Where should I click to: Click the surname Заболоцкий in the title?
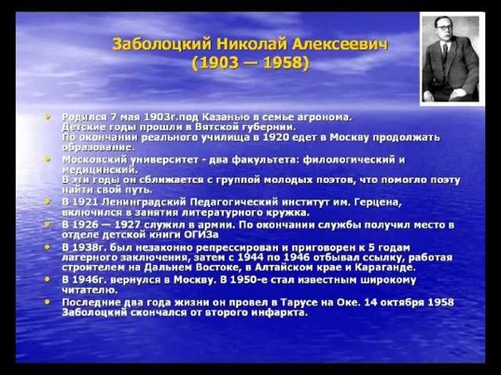pos(162,44)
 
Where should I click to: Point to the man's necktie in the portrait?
pos(445,53)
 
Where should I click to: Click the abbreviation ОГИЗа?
pos(202,235)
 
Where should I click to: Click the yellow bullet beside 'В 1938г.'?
pos(47,248)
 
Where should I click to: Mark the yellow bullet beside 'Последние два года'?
pos(47,301)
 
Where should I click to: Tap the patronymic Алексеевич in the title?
pos(340,44)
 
